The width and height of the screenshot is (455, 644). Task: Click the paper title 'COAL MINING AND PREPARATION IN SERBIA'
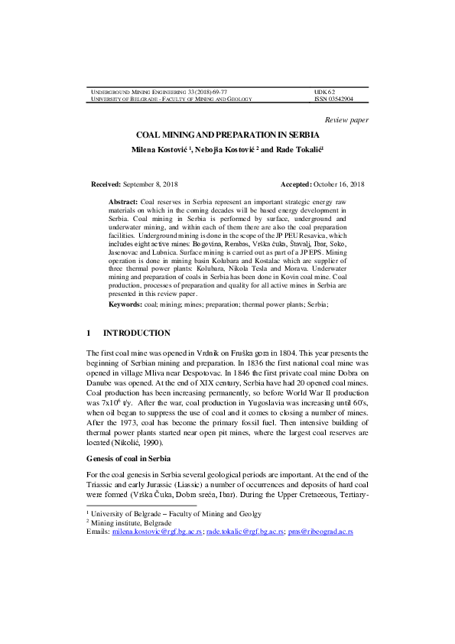point(227,134)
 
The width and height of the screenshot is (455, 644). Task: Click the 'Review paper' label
point(346,120)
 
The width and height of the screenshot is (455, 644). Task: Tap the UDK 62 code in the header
point(325,91)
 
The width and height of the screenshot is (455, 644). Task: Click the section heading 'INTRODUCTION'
point(137,333)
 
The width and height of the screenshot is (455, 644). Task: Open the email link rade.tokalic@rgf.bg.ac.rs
point(245,530)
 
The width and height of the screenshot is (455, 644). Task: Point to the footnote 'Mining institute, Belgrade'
point(132,522)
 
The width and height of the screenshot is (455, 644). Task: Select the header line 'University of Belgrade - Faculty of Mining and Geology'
point(171,99)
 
